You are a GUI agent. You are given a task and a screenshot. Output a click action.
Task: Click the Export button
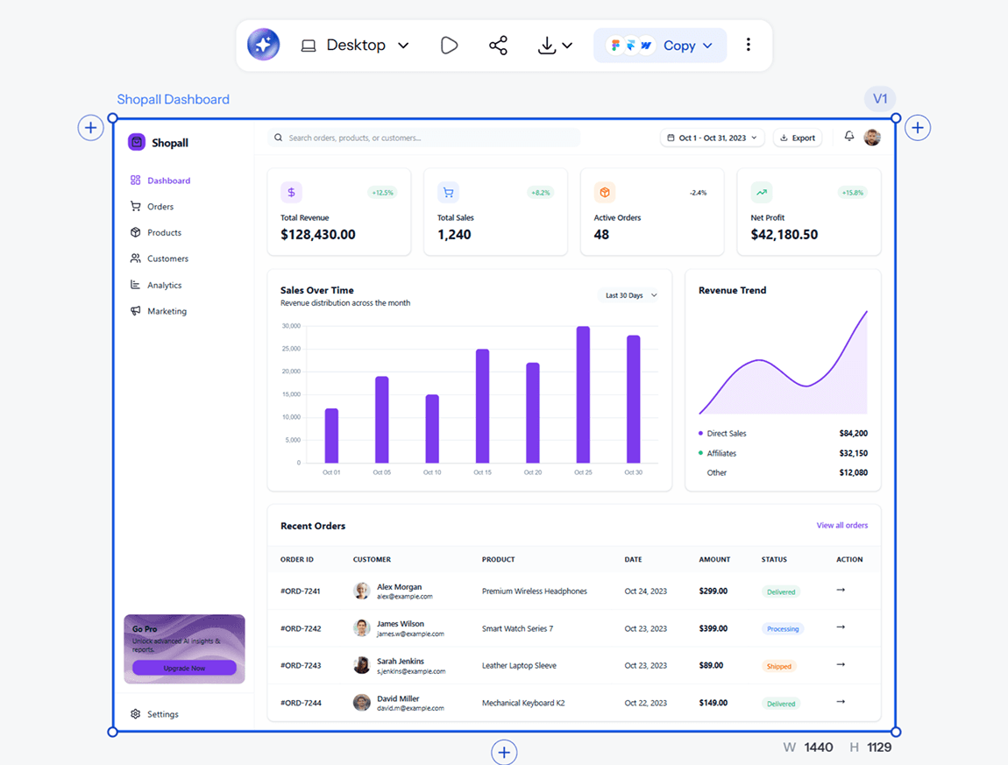pos(797,138)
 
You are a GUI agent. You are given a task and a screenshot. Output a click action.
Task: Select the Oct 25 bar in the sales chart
pos(583,394)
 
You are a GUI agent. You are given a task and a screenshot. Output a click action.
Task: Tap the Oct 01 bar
pos(331,436)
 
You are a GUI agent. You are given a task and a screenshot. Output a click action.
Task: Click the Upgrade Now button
pos(184,668)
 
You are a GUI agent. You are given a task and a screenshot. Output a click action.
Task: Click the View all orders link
pos(842,525)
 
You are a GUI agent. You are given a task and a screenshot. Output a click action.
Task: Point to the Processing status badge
pos(783,628)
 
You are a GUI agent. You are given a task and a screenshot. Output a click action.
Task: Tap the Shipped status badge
pos(778,666)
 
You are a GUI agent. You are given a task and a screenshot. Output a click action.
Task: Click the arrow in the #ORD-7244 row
pos(841,701)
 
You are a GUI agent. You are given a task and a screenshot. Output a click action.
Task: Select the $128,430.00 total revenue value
pos(317,235)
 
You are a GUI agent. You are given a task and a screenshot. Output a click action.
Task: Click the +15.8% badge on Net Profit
pos(853,192)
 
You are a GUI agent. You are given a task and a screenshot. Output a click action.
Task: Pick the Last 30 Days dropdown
pos(630,295)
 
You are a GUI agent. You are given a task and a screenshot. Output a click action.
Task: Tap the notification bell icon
pos(849,137)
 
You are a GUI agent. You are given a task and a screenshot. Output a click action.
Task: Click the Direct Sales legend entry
pos(726,433)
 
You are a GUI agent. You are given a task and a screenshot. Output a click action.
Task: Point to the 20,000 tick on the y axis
pos(291,372)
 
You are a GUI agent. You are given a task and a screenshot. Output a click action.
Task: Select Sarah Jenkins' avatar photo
pos(362,665)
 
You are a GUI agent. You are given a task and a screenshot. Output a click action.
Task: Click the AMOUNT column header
pos(714,559)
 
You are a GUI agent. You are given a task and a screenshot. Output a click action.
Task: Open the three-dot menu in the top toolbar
pos(749,45)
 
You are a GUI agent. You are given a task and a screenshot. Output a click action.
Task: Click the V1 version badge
pos(879,99)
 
